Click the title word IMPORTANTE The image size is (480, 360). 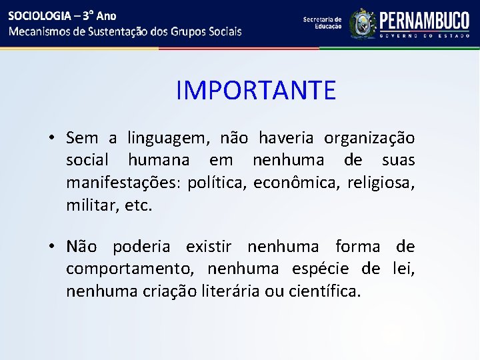[x=256, y=90]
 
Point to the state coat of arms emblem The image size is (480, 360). [x=363, y=23]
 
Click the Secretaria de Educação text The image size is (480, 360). [x=322, y=23]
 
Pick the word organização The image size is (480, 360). [x=369, y=139]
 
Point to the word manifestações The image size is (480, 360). [x=123, y=183]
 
